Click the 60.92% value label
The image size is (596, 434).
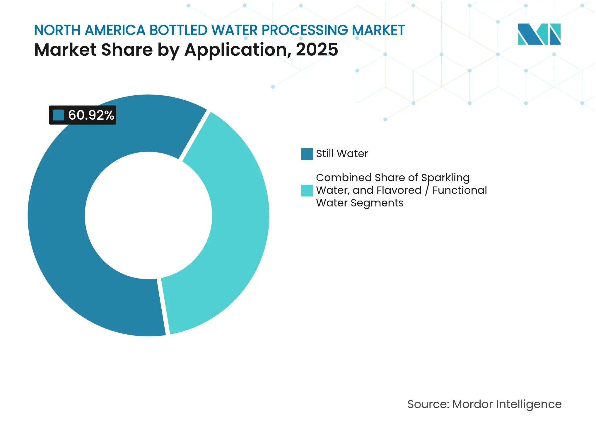click(x=91, y=115)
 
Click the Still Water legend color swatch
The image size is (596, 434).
click(x=307, y=154)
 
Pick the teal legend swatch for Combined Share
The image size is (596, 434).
click(x=307, y=190)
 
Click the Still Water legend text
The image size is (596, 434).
click(x=342, y=154)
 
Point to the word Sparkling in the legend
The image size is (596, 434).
click(x=445, y=178)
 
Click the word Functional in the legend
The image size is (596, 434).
click(x=460, y=190)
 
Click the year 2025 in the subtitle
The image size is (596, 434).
click(x=317, y=50)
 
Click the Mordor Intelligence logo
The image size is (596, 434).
click(x=539, y=34)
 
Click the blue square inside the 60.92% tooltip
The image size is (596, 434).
click(x=58, y=115)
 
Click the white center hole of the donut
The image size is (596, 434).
click(x=148, y=216)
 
